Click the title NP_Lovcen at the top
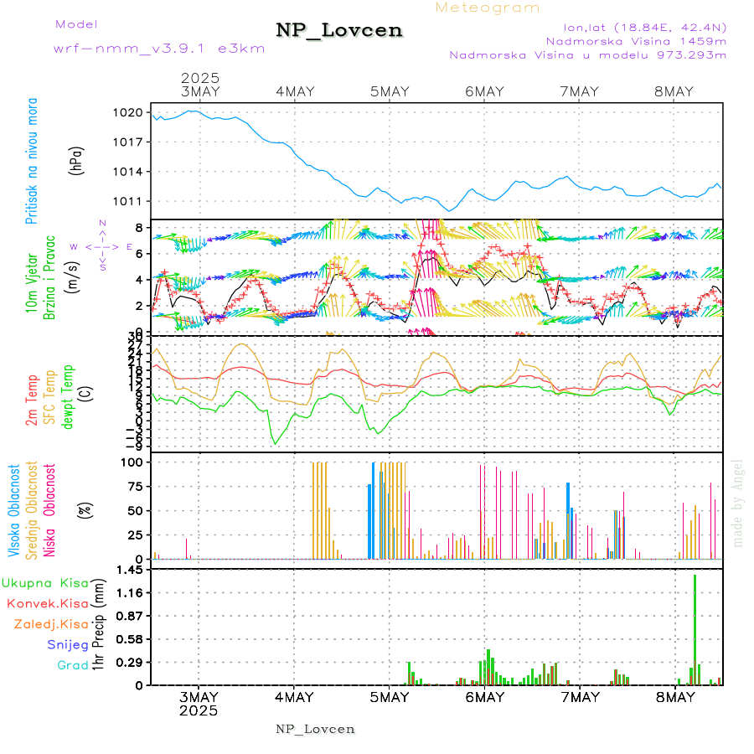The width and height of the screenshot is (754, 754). click(x=339, y=31)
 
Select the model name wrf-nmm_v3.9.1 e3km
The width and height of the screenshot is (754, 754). click(x=159, y=48)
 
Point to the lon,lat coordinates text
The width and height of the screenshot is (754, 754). click(x=633, y=25)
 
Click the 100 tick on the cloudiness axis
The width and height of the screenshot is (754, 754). click(x=133, y=462)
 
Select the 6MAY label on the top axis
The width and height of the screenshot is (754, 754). click(x=484, y=91)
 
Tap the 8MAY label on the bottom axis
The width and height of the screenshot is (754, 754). click(x=675, y=697)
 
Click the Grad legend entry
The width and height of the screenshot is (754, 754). click(x=72, y=665)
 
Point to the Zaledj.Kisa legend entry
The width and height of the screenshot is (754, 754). click(x=51, y=624)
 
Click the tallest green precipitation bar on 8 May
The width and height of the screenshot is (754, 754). click(x=695, y=628)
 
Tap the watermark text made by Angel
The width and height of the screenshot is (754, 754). click(x=738, y=503)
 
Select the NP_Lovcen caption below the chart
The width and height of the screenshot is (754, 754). click(x=315, y=729)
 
